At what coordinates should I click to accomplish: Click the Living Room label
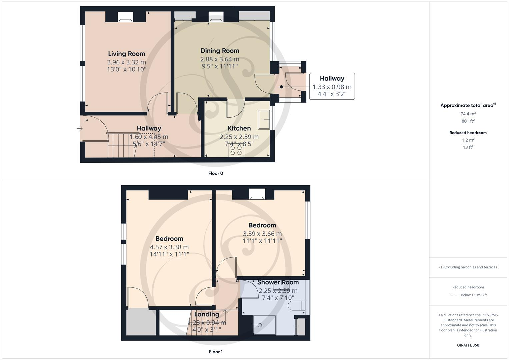(x=126, y=54)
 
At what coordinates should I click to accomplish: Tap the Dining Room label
(x=220, y=51)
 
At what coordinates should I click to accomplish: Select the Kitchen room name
(x=239, y=128)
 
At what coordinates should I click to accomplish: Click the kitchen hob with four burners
(x=236, y=150)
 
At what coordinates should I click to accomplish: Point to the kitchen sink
(x=264, y=119)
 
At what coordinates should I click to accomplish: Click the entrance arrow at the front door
(x=79, y=128)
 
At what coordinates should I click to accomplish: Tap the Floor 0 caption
(x=216, y=173)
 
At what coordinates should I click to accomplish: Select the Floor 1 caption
(x=216, y=352)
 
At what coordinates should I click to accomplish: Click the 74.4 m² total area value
(x=468, y=114)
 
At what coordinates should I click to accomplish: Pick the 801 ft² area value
(x=468, y=121)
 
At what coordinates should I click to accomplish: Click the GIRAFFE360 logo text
(x=468, y=345)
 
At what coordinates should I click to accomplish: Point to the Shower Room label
(x=278, y=282)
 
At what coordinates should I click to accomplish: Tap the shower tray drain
(x=260, y=325)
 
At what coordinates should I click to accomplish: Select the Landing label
(x=207, y=314)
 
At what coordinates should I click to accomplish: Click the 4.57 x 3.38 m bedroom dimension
(x=169, y=247)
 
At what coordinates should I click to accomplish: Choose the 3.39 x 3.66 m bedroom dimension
(x=262, y=234)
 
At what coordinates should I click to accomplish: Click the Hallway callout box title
(x=332, y=79)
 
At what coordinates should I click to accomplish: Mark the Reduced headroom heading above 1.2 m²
(x=468, y=133)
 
